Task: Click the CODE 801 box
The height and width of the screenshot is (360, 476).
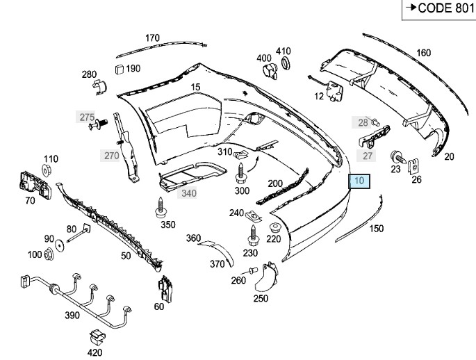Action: tap(437, 9)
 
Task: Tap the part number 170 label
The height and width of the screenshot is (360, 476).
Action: tap(152, 38)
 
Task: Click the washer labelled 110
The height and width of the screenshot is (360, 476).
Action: tap(50, 170)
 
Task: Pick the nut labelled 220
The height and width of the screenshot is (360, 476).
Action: tap(273, 227)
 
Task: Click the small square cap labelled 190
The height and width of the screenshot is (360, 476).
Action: tap(118, 68)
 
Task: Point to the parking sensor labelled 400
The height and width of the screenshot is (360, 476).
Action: tap(268, 72)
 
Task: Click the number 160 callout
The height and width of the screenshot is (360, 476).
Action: tap(423, 53)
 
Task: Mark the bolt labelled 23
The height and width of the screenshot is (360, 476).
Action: tap(397, 156)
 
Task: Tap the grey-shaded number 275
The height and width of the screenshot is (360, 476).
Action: tap(86, 117)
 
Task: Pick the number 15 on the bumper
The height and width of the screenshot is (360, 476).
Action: tap(195, 87)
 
